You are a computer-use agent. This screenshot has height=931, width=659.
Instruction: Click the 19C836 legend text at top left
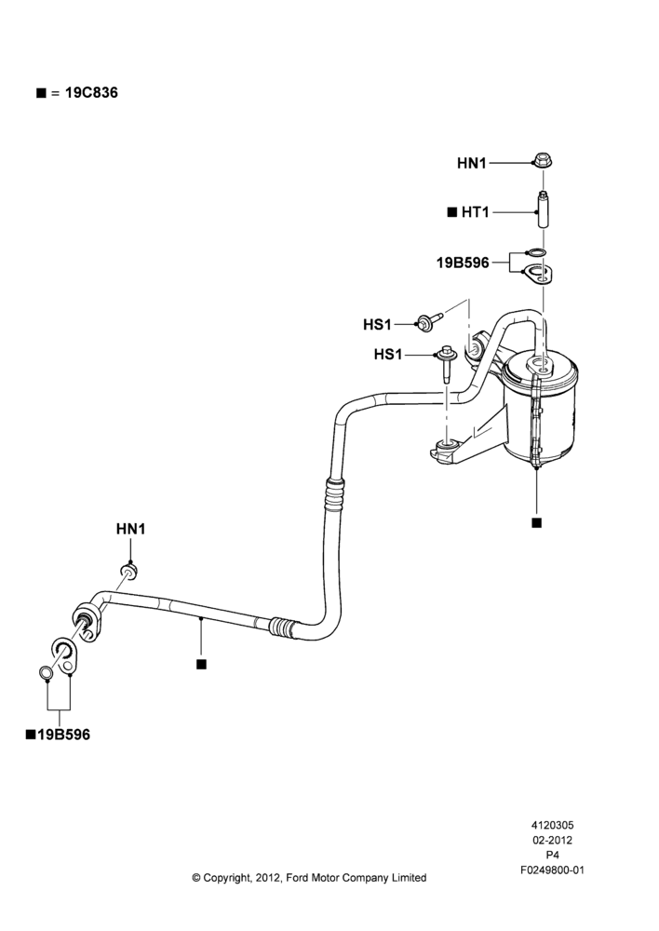pyautogui.click(x=91, y=92)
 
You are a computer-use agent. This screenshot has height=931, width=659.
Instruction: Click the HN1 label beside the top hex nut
pyautogui.click(x=471, y=163)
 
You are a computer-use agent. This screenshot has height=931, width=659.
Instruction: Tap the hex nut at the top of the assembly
pyautogui.click(x=542, y=160)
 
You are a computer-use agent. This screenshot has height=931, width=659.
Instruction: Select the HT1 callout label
pyautogui.click(x=475, y=212)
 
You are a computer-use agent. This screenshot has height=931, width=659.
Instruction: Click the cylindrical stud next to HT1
pyautogui.click(x=543, y=209)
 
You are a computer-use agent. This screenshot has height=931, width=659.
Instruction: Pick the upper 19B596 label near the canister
pyautogui.click(x=463, y=263)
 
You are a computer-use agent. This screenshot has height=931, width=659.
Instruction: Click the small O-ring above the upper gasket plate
pyautogui.click(x=535, y=253)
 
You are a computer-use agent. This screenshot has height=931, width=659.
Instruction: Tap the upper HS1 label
pyautogui.click(x=378, y=325)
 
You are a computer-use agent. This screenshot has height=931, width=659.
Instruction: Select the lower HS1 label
pyautogui.click(x=388, y=355)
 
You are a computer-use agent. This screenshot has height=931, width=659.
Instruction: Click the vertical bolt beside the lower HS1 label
pyautogui.click(x=447, y=365)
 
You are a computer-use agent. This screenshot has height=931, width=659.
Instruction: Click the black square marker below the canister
pyautogui.click(x=537, y=522)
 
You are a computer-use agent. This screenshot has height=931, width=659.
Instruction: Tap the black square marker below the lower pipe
pyautogui.click(x=201, y=664)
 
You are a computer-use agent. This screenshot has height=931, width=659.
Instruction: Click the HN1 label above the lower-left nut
pyautogui.click(x=130, y=529)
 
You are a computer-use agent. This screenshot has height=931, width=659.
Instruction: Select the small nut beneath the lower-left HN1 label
pyautogui.click(x=129, y=572)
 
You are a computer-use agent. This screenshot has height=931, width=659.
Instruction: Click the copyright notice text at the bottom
pyautogui.click(x=309, y=878)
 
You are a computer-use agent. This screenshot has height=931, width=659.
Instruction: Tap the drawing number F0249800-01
pyautogui.click(x=552, y=870)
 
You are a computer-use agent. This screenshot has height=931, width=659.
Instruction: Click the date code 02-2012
pyautogui.click(x=552, y=840)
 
